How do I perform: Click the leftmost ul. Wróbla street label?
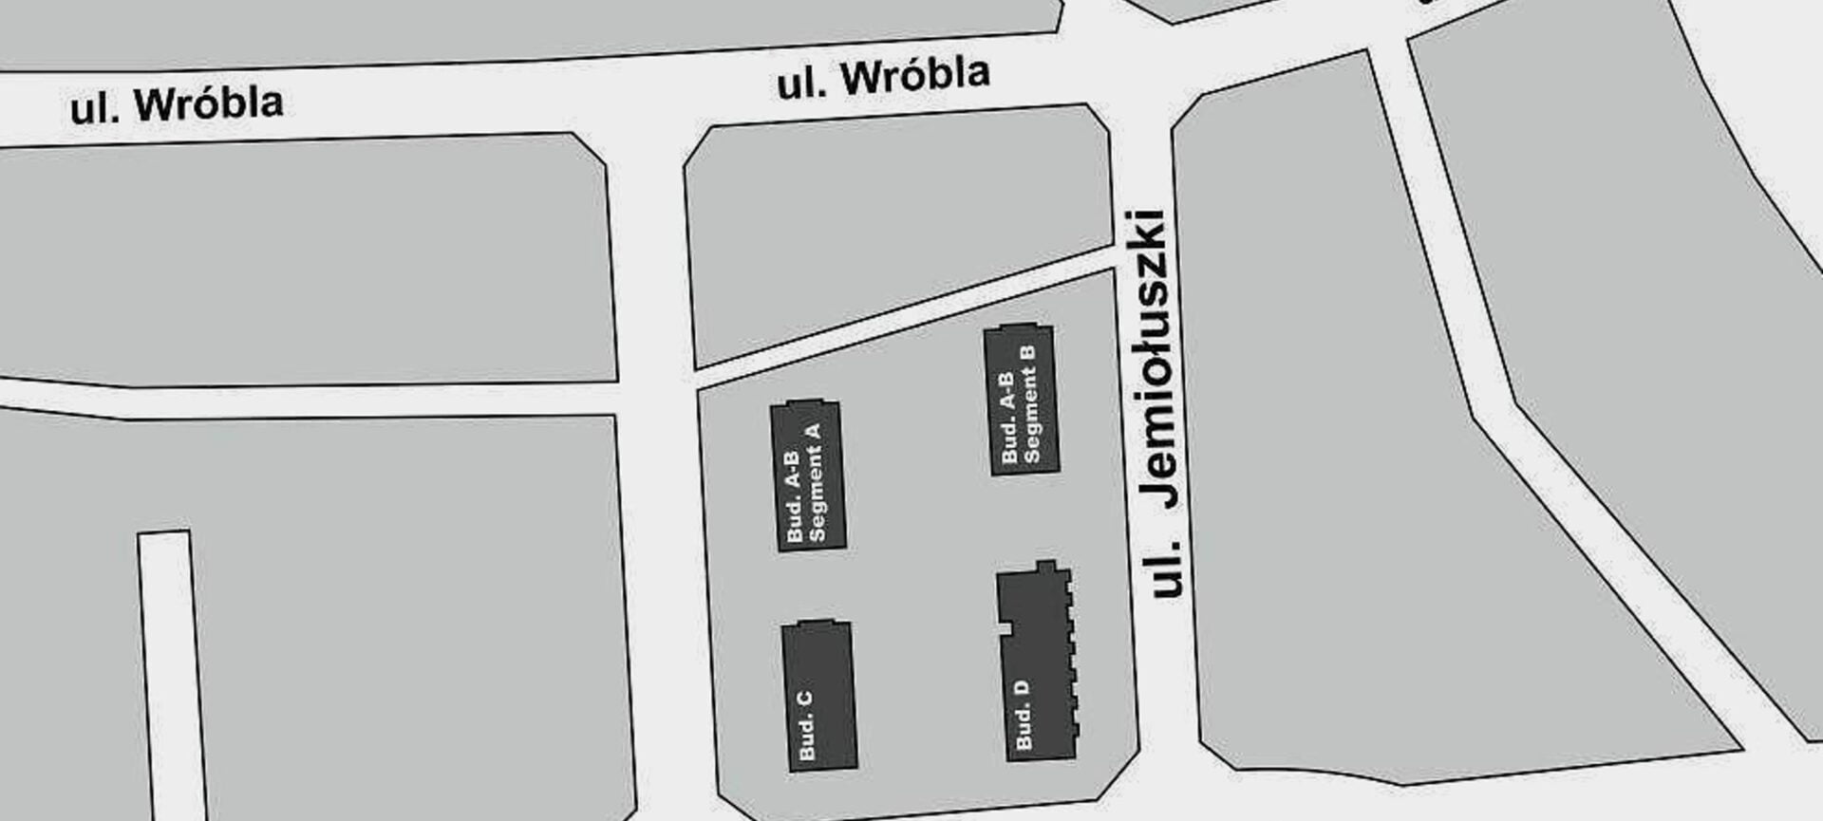(177, 104)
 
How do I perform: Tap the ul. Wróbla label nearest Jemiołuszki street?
(883, 78)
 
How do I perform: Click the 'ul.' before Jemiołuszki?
(1167, 568)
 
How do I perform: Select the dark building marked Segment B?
(1022, 400)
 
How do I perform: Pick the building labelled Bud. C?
(819, 696)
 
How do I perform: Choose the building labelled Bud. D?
(1037, 664)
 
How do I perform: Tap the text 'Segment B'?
(1030, 403)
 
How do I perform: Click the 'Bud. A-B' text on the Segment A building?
(795, 494)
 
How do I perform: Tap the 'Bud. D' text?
(1024, 714)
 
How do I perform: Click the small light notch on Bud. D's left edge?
(1003, 628)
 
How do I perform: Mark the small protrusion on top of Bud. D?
(1046, 567)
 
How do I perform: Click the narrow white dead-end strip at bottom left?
(171, 674)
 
